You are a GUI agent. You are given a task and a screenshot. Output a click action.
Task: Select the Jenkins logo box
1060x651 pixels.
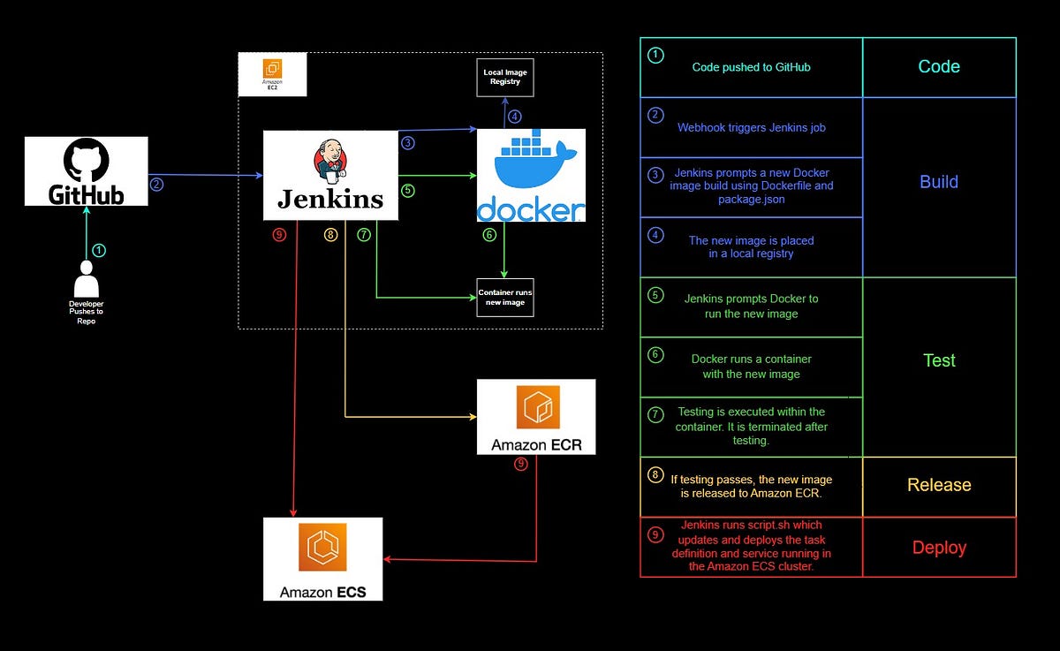(330, 175)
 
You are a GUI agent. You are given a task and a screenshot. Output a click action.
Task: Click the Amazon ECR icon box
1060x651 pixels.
(536, 417)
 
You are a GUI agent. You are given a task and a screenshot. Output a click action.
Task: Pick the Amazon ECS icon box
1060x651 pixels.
(322, 558)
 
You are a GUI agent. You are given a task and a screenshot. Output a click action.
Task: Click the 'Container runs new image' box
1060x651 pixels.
(505, 297)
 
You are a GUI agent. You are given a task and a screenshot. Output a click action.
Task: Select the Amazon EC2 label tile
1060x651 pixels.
(273, 74)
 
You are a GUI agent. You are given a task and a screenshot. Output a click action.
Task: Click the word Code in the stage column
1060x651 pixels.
(939, 67)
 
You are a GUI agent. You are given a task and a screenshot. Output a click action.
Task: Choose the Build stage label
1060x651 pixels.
(939, 182)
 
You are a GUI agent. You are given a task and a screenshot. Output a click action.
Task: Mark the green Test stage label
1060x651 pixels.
(939, 360)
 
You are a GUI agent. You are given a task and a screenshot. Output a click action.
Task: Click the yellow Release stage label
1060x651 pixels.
(939, 485)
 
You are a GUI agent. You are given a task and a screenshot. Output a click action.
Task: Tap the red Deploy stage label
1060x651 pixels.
(939, 548)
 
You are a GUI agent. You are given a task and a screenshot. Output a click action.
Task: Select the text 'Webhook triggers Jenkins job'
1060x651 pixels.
(752, 127)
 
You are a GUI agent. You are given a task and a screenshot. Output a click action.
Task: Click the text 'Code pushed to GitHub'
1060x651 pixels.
(752, 67)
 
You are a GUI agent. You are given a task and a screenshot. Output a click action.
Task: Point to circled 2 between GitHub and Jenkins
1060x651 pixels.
(156, 185)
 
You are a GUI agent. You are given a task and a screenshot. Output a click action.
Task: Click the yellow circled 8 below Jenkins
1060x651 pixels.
(331, 235)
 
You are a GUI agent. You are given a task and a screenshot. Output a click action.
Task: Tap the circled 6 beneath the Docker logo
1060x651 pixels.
(489, 235)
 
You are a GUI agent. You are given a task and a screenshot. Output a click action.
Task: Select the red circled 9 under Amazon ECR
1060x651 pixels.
(520, 463)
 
